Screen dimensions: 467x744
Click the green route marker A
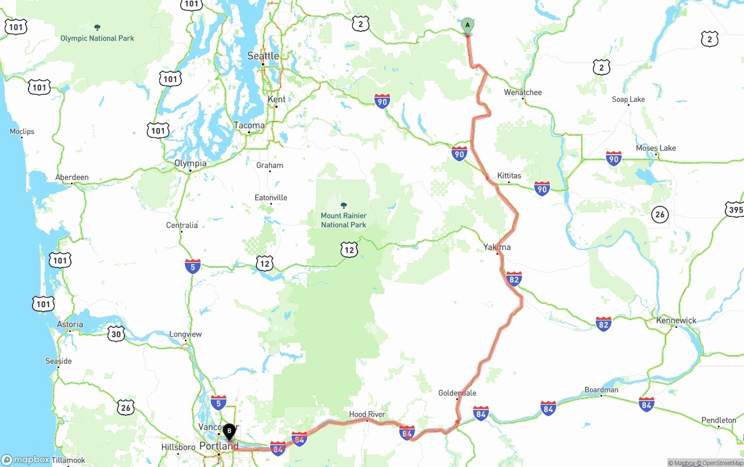467,26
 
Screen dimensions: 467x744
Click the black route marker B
230,432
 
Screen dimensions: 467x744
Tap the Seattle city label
263,56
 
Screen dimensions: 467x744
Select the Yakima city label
497,247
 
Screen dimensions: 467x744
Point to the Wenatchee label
523,92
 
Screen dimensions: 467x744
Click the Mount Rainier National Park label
344,220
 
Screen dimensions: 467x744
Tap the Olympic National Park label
97,38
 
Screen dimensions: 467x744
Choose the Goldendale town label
457,393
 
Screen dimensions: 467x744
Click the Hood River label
367,414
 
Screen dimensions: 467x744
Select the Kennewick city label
676,320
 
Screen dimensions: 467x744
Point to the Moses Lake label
656,148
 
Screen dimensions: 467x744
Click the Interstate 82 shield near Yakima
514,279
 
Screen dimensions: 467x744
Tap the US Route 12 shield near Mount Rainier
349,250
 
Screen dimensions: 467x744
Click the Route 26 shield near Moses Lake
660,215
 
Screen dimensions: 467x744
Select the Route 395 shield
734,209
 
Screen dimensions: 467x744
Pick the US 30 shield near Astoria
116,333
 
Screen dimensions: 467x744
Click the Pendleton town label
719,420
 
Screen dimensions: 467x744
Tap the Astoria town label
70,325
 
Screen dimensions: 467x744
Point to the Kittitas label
509,176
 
